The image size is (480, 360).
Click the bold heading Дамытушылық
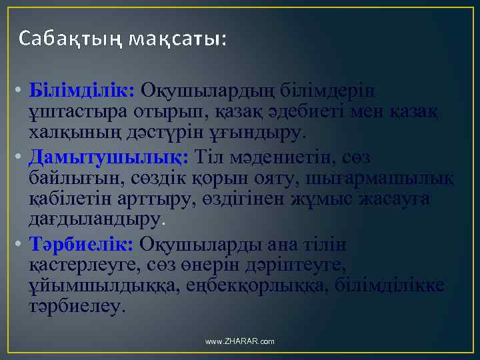110,157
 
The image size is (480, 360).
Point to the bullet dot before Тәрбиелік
22,245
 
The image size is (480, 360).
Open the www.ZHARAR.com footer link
240,341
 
